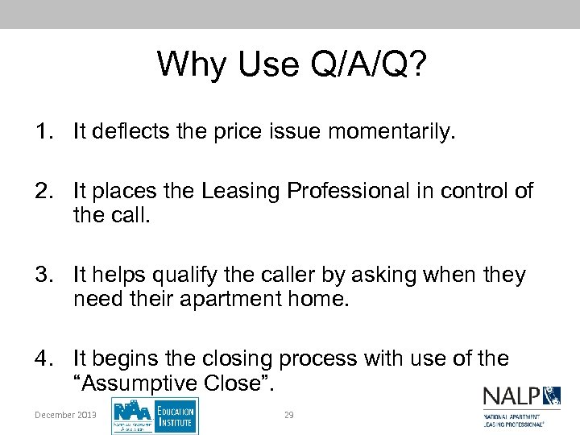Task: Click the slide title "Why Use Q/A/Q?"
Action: point(291,64)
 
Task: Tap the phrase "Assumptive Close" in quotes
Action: point(173,383)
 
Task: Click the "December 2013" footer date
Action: point(65,414)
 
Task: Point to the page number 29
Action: point(288,414)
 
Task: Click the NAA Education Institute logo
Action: point(155,415)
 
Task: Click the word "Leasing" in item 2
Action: point(237,191)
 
